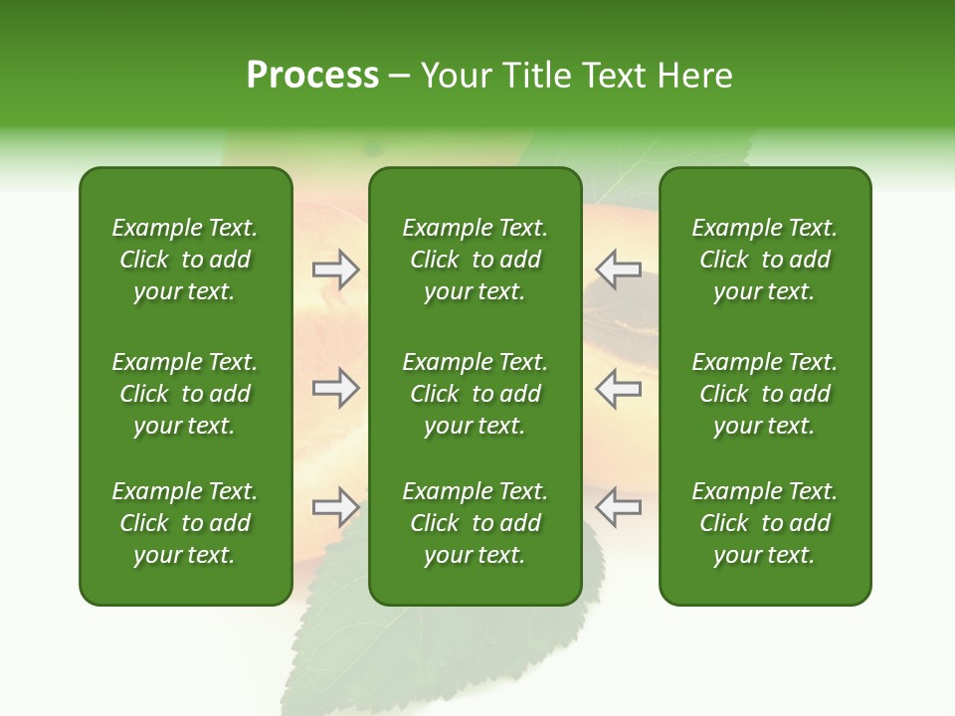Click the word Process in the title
pyautogui.click(x=312, y=76)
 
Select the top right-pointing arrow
pyautogui.click(x=335, y=268)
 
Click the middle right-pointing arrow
pyautogui.click(x=335, y=388)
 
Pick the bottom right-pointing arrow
pyautogui.click(x=335, y=507)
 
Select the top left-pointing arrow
pyautogui.click(x=618, y=268)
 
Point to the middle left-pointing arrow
pyautogui.click(x=618, y=388)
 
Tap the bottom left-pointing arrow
pyautogui.click(x=618, y=507)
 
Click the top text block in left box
pyautogui.click(x=185, y=260)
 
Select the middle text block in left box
pyautogui.click(x=185, y=394)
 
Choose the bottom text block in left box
pyautogui.click(x=185, y=523)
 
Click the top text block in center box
pyautogui.click(x=475, y=260)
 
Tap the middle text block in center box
pyautogui.click(x=475, y=394)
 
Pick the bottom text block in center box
pyautogui.click(x=475, y=523)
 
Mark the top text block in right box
pyautogui.click(x=764, y=260)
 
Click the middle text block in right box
pyautogui.click(x=764, y=394)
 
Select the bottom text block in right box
pyautogui.click(x=764, y=523)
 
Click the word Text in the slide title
pyautogui.click(x=609, y=76)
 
